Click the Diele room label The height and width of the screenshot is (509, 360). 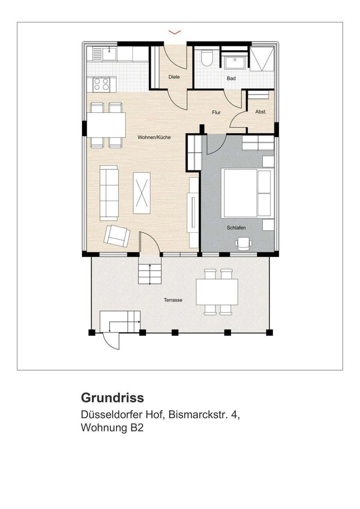174,77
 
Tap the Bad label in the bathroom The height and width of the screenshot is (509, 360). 231,78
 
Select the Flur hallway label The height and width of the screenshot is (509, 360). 216,112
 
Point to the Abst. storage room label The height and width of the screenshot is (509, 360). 261,112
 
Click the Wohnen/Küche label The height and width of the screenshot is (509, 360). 154,137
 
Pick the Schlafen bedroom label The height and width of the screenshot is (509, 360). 236,228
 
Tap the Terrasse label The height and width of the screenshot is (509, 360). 173,300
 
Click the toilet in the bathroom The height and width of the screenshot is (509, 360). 207,58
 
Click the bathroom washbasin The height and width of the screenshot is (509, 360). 235,62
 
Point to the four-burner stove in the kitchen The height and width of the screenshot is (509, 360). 101,84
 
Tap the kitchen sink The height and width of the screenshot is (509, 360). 109,54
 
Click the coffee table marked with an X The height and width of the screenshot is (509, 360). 141,193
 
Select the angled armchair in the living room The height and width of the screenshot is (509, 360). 117,236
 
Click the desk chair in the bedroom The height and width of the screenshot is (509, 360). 243,243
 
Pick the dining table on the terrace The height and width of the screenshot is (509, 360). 217,292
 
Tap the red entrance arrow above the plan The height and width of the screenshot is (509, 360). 175,32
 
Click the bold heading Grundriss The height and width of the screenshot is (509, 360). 112,398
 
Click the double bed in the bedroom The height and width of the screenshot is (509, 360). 248,193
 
